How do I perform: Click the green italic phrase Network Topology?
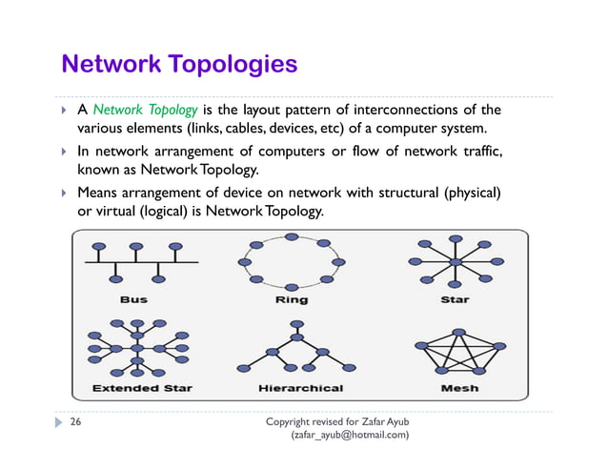[x=145, y=110]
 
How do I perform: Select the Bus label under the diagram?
[x=134, y=299]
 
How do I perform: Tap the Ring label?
[x=292, y=299]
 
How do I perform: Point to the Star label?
[x=455, y=299]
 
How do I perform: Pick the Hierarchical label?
[x=300, y=388]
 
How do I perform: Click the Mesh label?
[x=459, y=388]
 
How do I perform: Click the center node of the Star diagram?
[x=456, y=260]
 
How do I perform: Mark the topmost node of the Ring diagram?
[x=292, y=236]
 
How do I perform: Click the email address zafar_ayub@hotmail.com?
[x=351, y=435]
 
